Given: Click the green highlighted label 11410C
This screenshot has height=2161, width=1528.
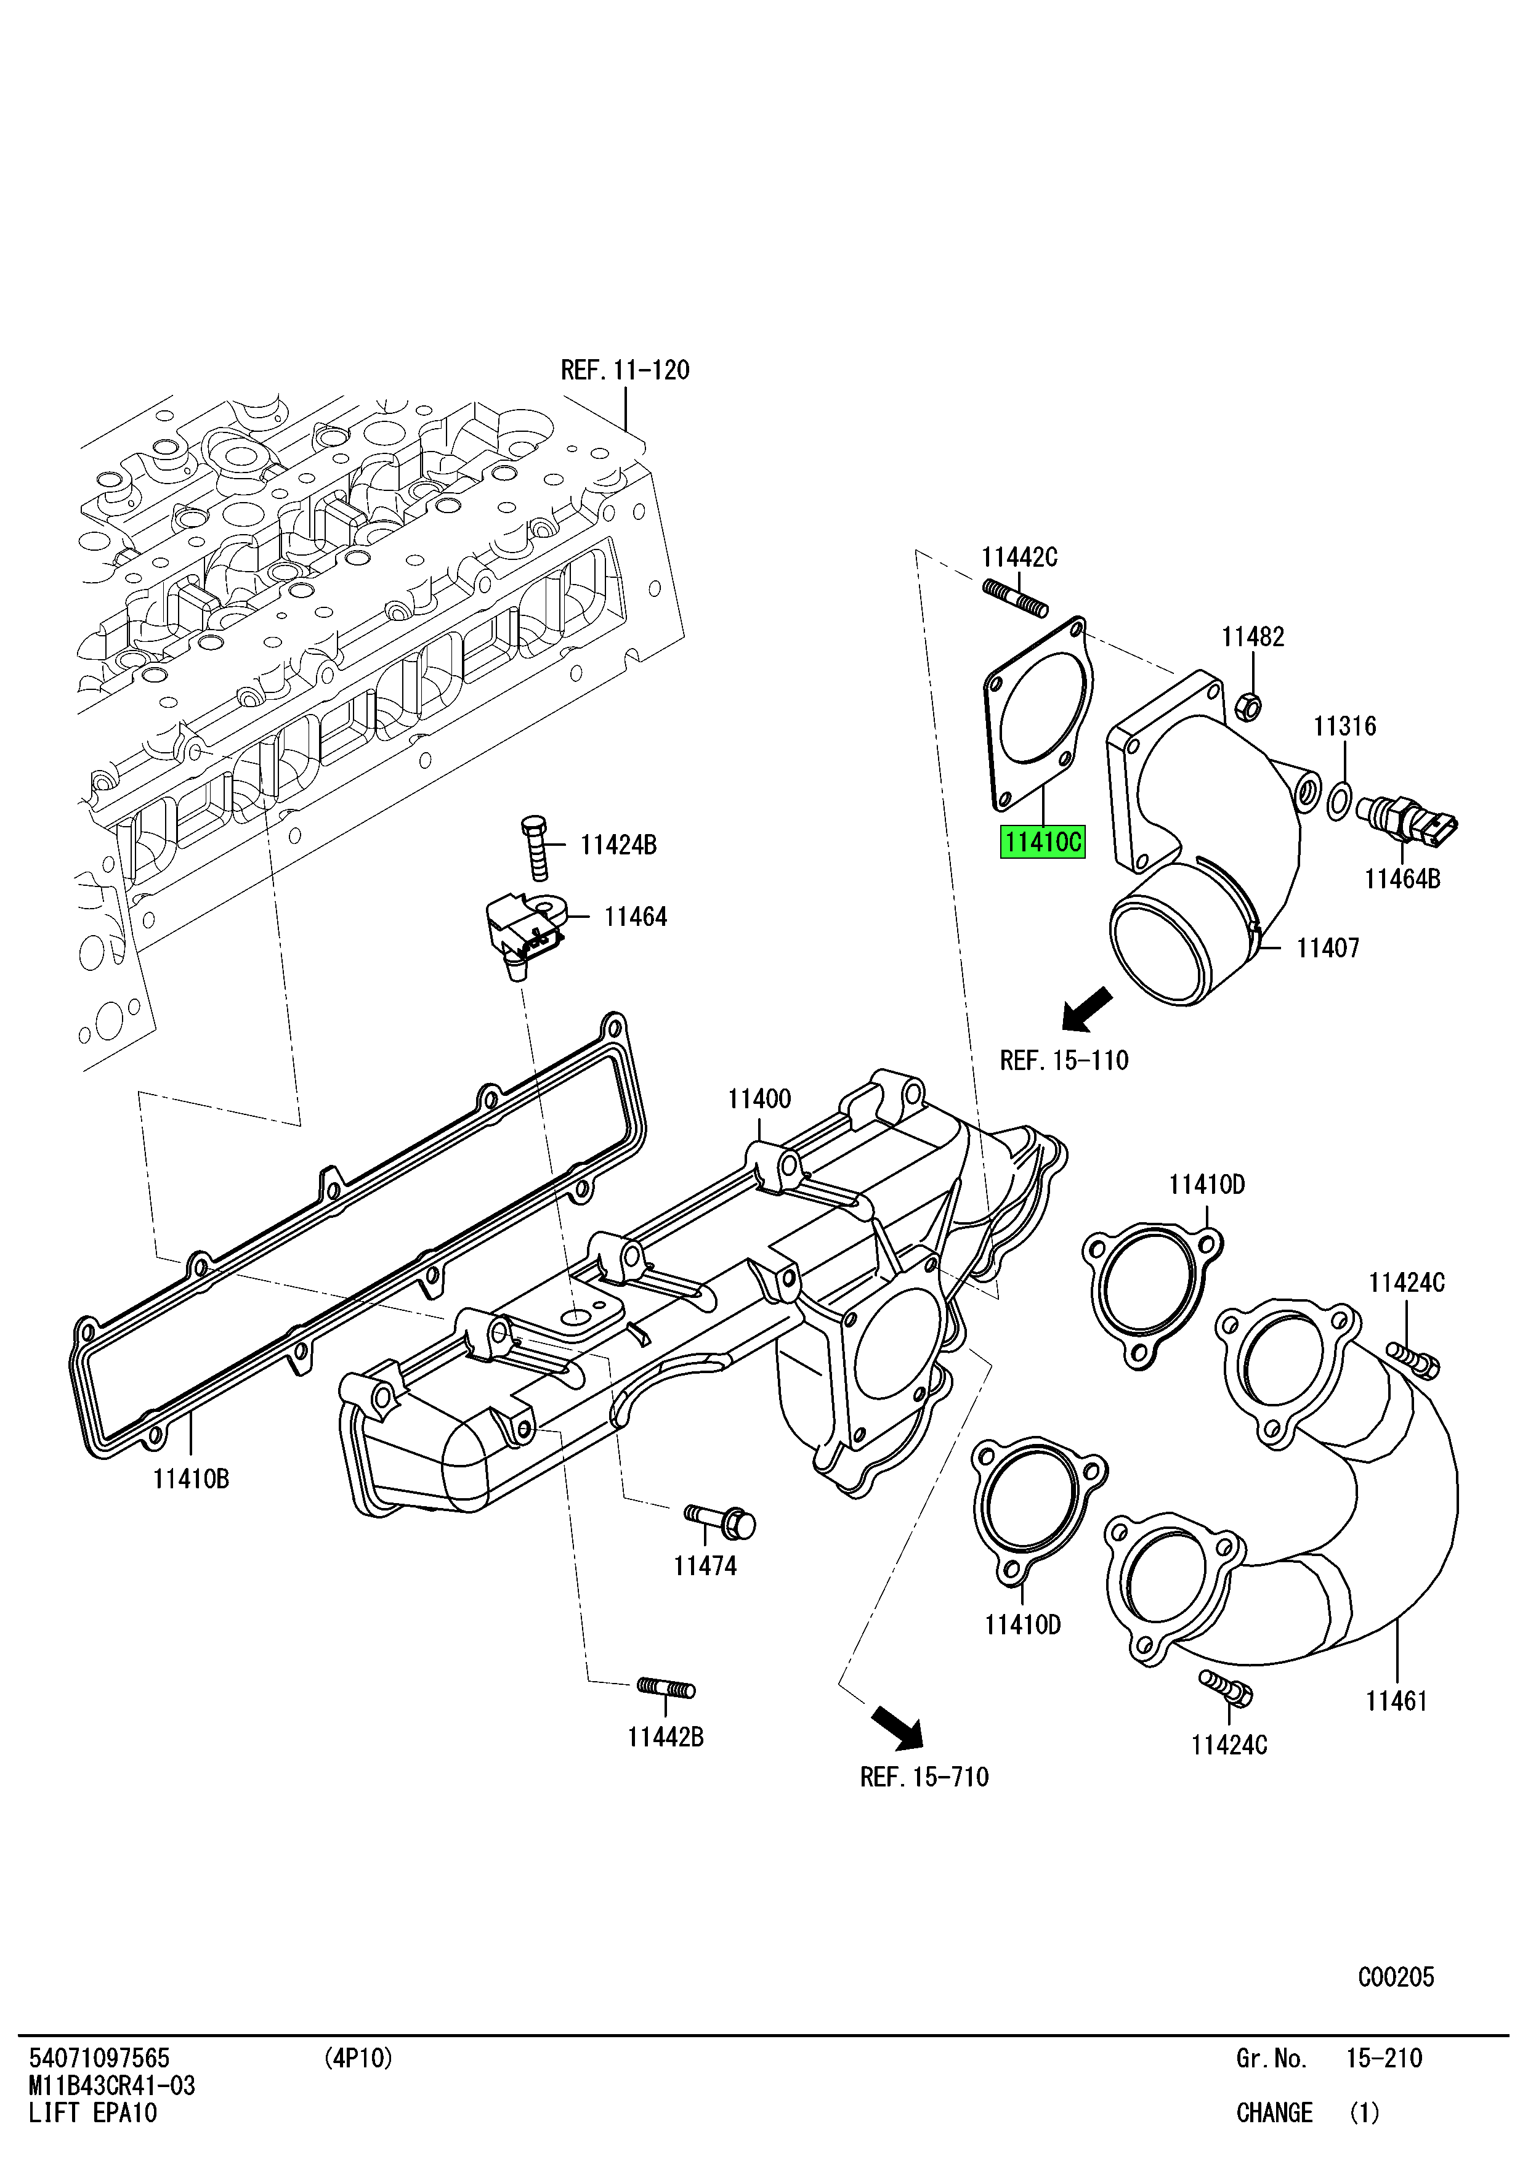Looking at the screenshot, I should tap(1041, 841).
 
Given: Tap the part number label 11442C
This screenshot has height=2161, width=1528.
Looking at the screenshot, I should tap(1019, 558).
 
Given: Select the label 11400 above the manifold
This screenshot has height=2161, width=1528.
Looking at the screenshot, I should tap(759, 1098).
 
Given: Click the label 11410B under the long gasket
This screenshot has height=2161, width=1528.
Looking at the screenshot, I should tap(191, 1480).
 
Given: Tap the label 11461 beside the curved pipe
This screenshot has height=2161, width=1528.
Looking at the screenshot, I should tap(1396, 1701).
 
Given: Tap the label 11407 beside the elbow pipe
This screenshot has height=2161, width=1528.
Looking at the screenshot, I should tap(1328, 948).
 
